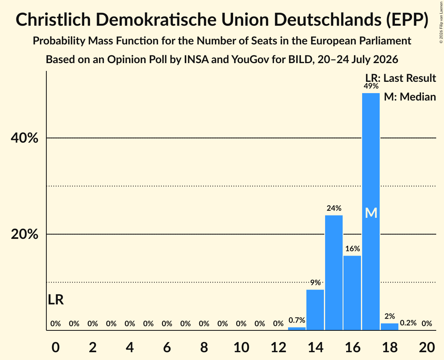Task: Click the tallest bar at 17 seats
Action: pos(371,212)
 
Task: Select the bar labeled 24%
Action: pos(334,273)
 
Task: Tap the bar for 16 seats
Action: pos(352,293)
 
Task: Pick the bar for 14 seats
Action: pos(315,310)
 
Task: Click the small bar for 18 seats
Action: pos(389,326)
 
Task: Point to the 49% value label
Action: pos(371,86)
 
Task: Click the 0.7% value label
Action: pos(297,320)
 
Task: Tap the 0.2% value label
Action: pos(408,323)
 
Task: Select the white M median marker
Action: pos(371,213)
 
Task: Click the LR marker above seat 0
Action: pos(56,300)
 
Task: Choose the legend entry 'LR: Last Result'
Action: pos(400,78)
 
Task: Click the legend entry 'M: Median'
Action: pos(410,97)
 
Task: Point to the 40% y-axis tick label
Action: pos(24,138)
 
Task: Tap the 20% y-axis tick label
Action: pos(24,234)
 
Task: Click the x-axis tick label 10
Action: pos(241,347)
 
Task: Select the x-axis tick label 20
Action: pos(427,347)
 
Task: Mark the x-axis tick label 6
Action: pos(167,347)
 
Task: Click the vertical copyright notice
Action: pos(441,23)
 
